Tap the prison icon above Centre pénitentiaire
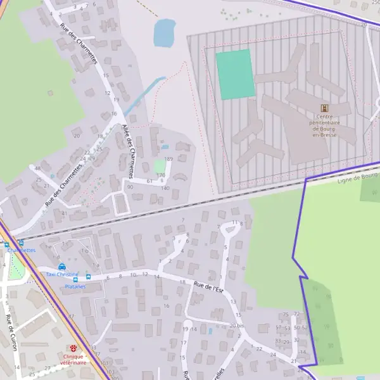tap(325, 109)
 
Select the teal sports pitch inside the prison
tap(235, 75)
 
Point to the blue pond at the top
tap(165, 32)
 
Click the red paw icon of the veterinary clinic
tap(74, 348)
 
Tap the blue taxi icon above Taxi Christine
tap(61, 267)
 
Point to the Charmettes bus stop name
tap(21, 250)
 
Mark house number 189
tap(168, 159)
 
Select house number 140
tap(165, 188)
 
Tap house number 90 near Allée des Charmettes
tap(130, 187)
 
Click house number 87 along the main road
tap(71, 316)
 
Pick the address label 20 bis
tap(236, 326)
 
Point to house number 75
tap(286, 314)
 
